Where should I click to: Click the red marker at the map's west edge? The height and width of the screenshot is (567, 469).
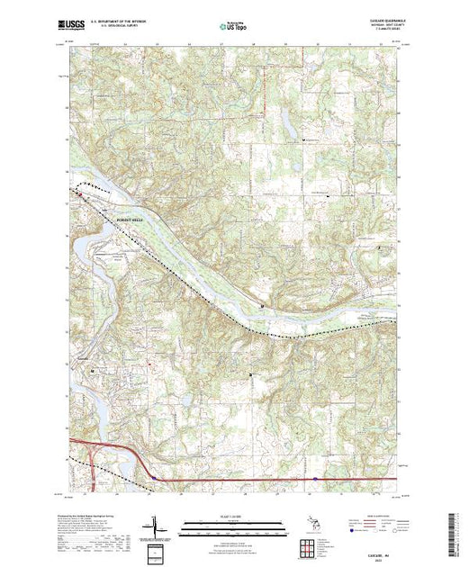click(77, 192)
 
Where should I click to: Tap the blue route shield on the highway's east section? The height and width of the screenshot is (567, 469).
click(314, 479)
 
